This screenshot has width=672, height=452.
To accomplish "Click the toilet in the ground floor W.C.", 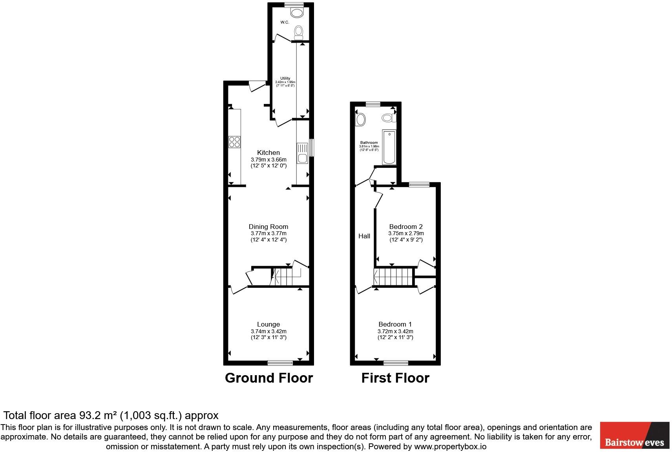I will (x=299, y=32).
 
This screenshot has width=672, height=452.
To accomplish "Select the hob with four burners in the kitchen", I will (x=235, y=142).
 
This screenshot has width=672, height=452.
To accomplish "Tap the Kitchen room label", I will (x=268, y=152).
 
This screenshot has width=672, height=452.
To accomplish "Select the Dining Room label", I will (x=268, y=227).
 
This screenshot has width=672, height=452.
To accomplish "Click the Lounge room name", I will (x=268, y=324).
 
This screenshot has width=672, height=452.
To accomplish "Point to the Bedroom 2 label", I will (x=406, y=227).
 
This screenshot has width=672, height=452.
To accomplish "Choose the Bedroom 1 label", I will (x=395, y=324).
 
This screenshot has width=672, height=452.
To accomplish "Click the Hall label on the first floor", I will (x=364, y=236).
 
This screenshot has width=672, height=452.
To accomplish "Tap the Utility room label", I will (x=285, y=78).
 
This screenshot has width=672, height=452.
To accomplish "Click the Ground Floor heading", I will (x=269, y=378).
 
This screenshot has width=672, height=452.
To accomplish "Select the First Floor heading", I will (x=395, y=378).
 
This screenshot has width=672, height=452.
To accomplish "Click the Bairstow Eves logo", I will (x=634, y=435).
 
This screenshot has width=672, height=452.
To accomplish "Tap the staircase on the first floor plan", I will (x=395, y=277).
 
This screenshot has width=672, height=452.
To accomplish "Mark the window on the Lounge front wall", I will (x=280, y=363).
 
